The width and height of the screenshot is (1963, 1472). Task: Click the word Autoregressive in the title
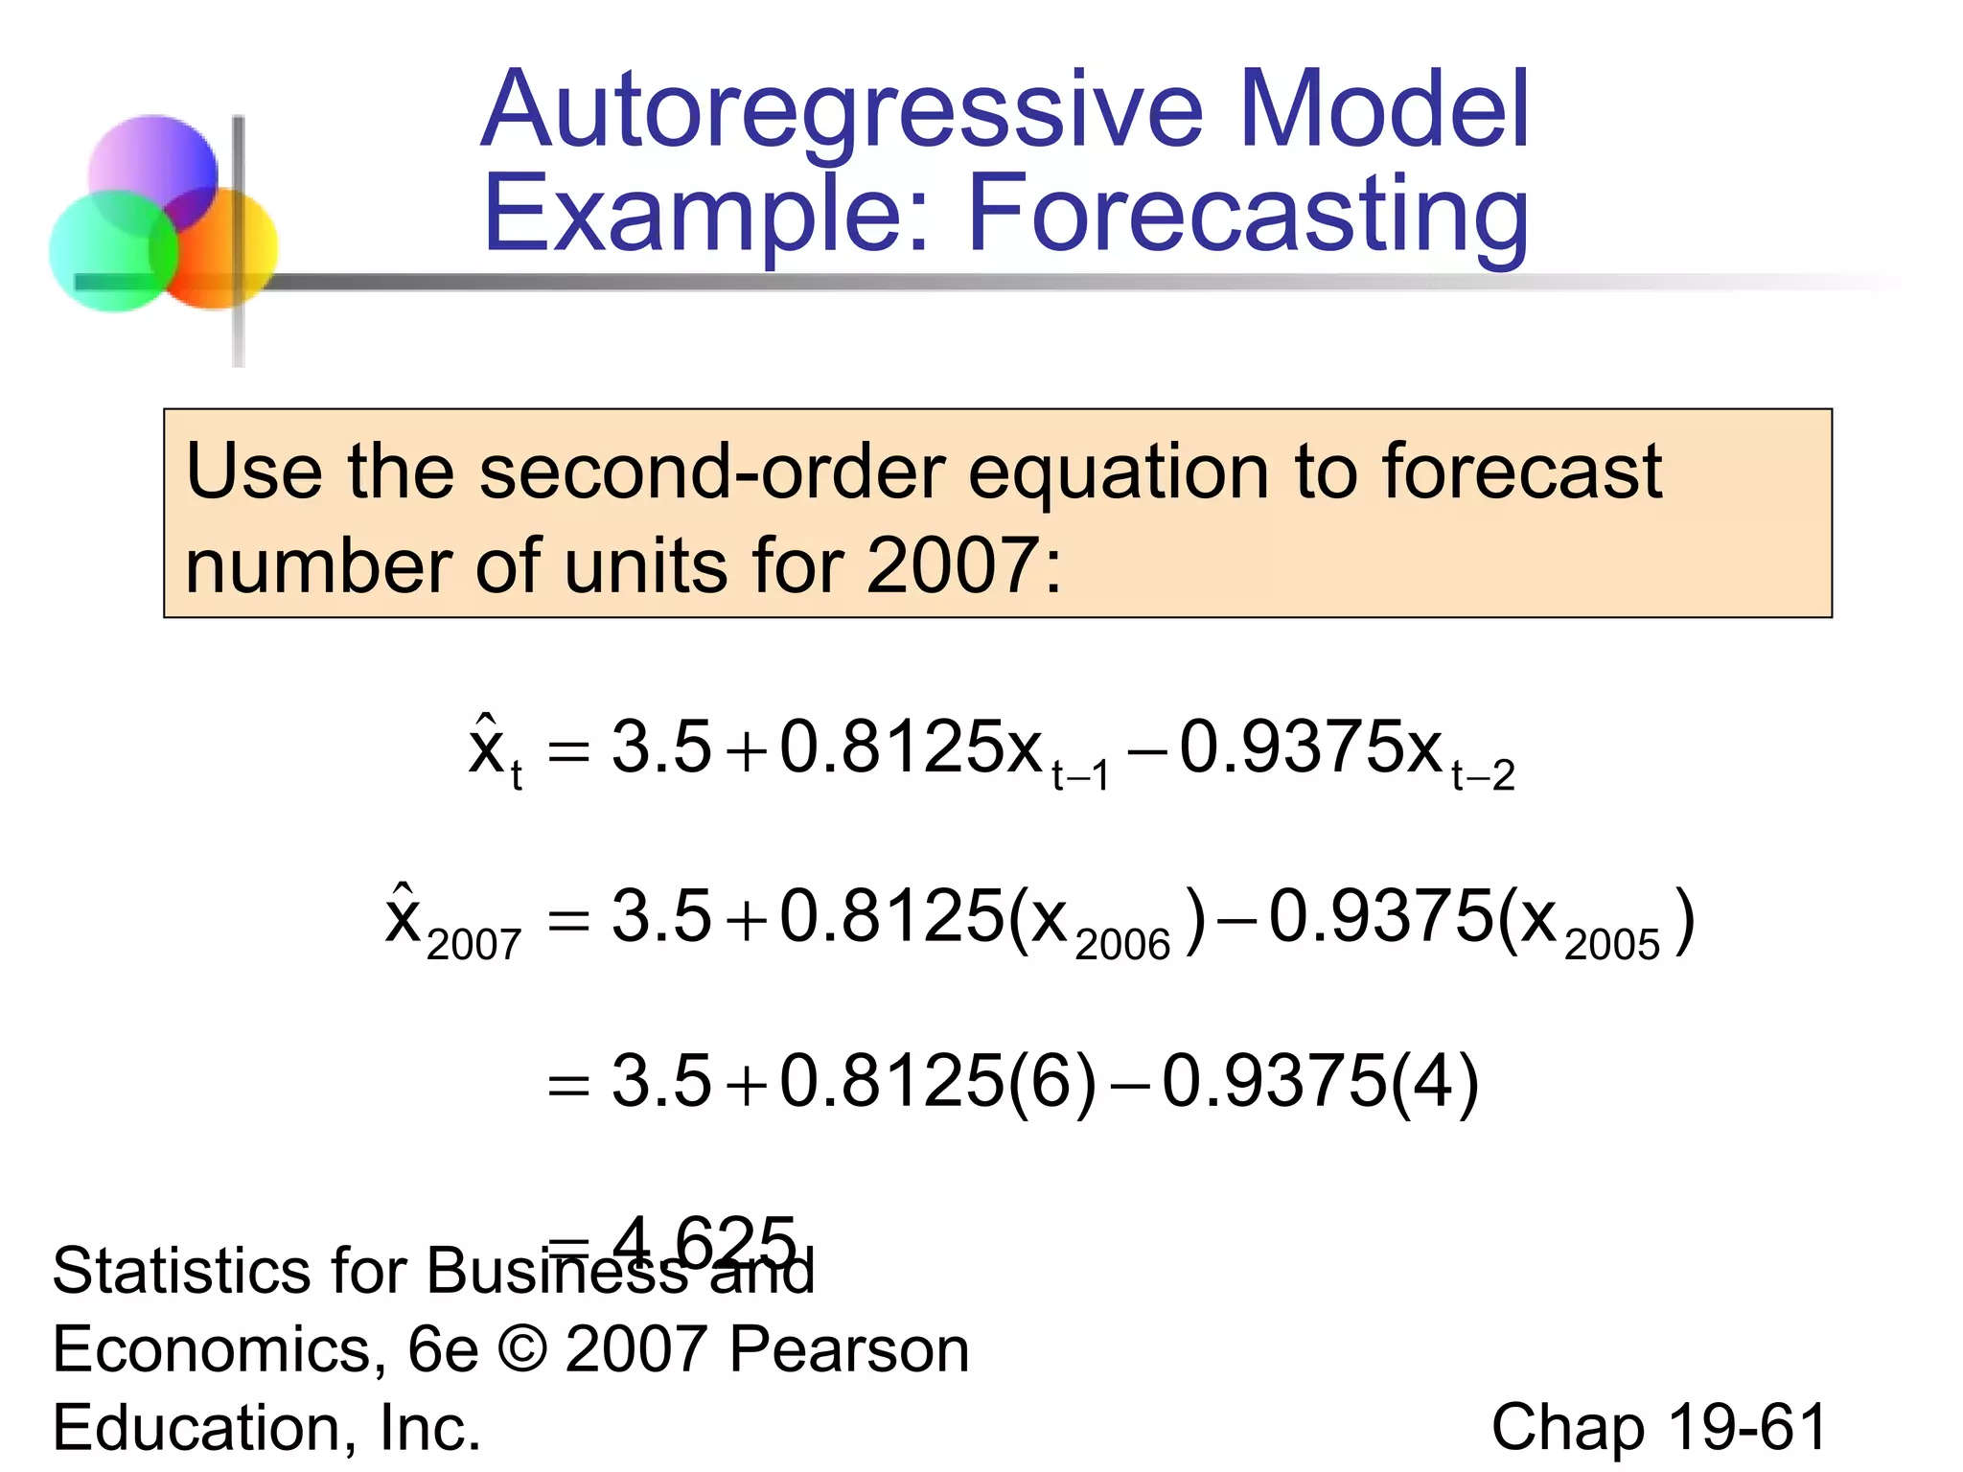(x=842, y=110)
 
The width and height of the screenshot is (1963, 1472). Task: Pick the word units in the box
(x=646, y=565)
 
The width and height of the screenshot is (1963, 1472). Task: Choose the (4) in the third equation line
(x=1434, y=1083)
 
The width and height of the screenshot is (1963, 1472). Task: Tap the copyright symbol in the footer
(x=522, y=1349)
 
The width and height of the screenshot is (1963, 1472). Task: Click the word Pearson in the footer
(x=848, y=1349)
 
